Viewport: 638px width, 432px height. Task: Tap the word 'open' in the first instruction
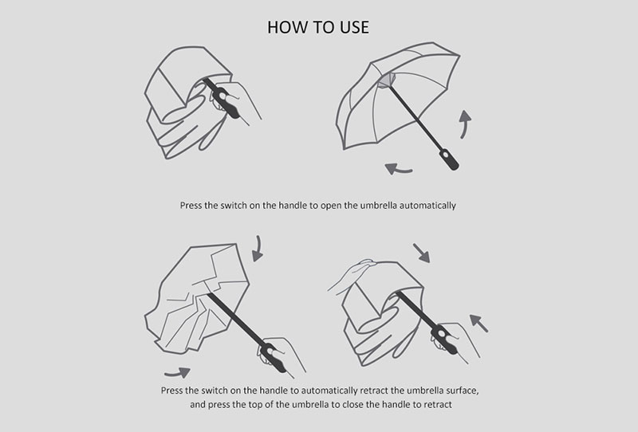[331, 206]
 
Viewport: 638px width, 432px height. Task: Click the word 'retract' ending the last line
[438, 405]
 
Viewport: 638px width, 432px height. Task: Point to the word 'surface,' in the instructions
[462, 391]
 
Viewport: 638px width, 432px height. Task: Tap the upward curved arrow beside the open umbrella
[465, 124]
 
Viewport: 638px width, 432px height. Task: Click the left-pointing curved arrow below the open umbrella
[398, 168]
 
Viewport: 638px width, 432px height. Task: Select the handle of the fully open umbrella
[448, 159]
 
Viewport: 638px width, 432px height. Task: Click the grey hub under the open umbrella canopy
[387, 81]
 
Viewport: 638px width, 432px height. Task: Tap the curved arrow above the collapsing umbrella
[258, 249]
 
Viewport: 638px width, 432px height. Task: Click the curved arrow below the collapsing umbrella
[178, 371]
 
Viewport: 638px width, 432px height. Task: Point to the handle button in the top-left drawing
[223, 96]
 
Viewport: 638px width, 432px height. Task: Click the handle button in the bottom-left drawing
[269, 350]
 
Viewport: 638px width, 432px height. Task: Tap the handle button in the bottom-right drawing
[442, 335]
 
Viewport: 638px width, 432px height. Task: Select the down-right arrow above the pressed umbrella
[422, 253]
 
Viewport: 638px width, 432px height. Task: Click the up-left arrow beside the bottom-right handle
[478, 323]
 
